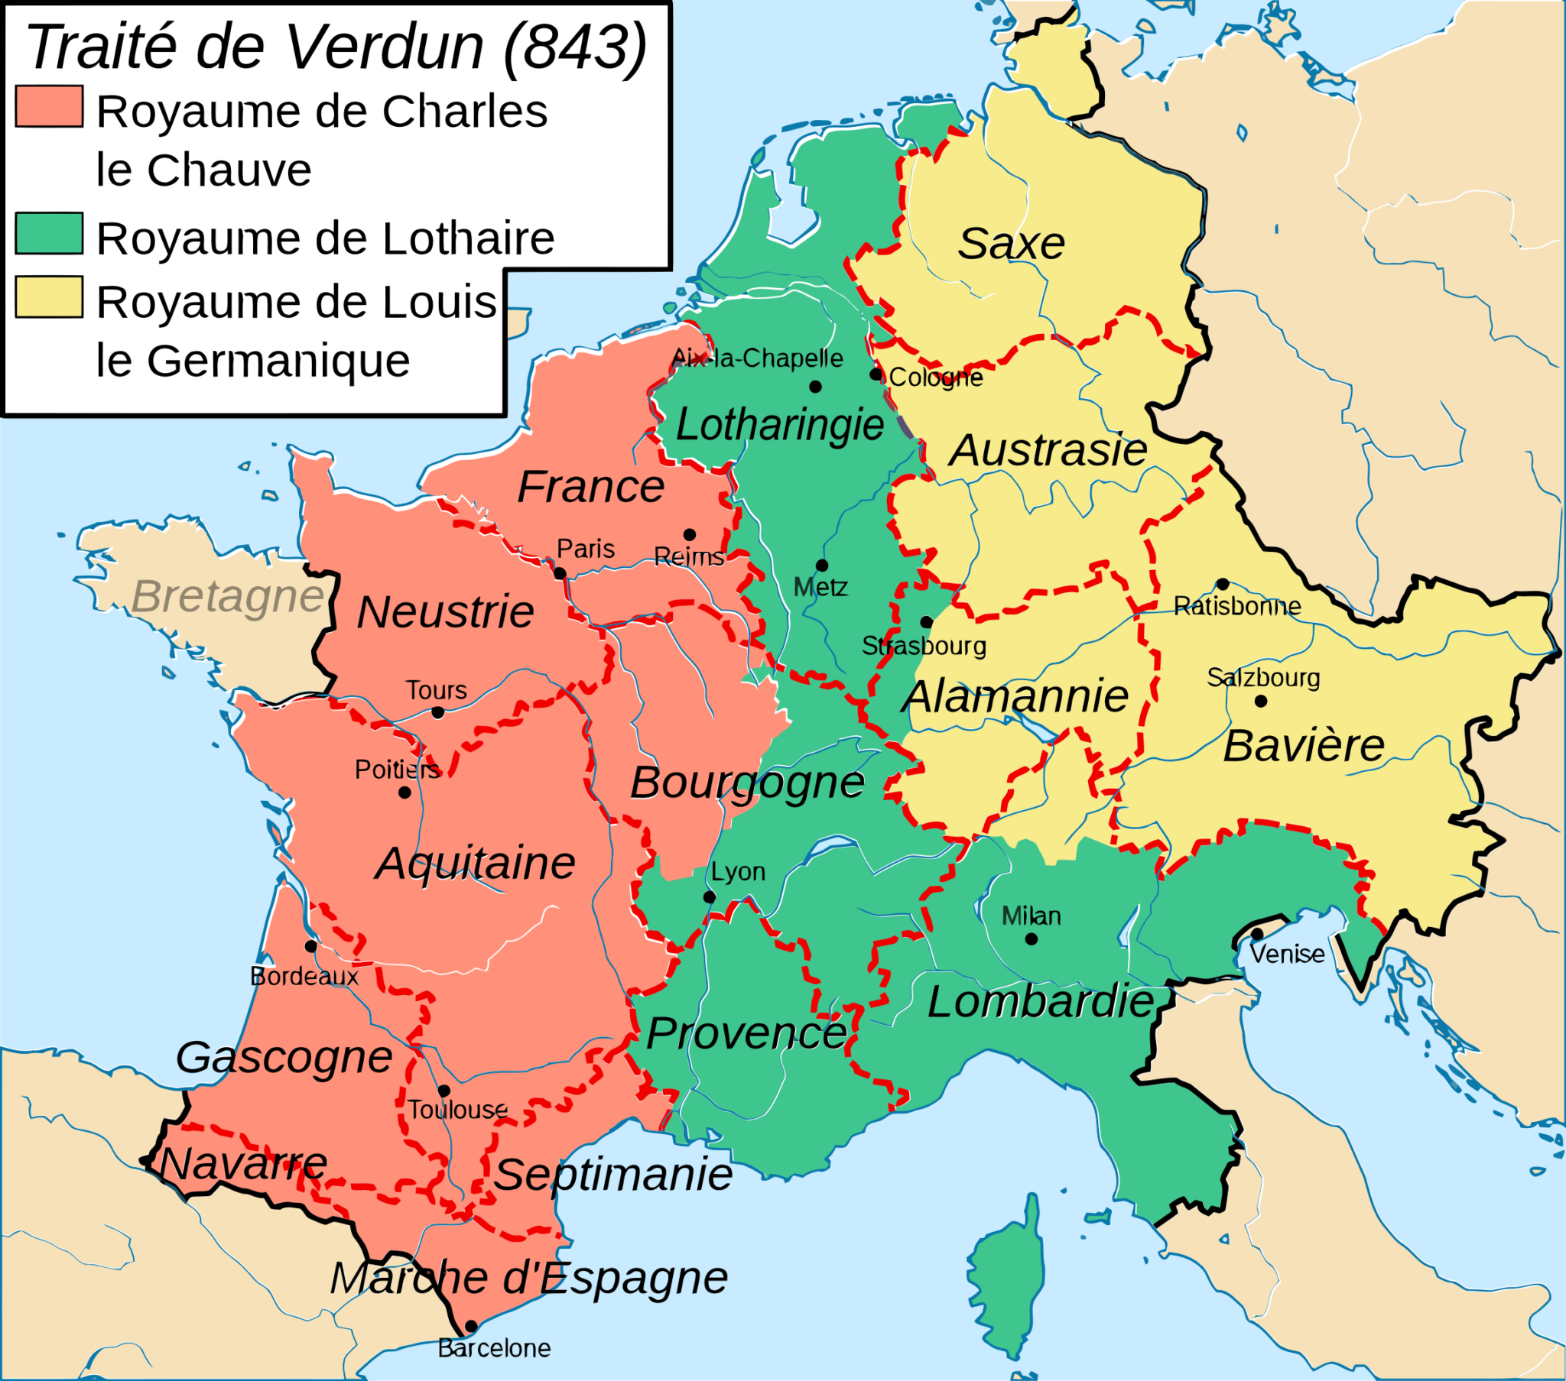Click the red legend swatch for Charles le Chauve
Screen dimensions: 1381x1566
coord(49,106)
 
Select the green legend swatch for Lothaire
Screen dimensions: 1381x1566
coord(49,234)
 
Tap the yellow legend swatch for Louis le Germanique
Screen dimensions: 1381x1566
coord(49,297)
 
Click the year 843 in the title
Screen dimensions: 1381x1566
coord(575,47)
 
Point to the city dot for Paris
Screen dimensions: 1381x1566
coord(560,574)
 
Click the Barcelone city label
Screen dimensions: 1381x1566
coord(494,1348)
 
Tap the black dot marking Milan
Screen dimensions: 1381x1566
coord(1032,939)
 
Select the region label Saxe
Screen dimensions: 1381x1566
coord(1012,244)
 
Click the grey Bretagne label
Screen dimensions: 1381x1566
coord(228,596)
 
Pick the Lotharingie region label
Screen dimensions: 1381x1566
coord(780,424)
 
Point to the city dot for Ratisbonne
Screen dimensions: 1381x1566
coord(1223,584)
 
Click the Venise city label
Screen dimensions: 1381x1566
coord(1287,955)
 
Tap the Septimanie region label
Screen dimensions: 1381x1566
coord(613,1174)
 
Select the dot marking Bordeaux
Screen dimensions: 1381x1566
coord(310,946)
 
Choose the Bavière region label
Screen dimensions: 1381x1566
coord(1303,746)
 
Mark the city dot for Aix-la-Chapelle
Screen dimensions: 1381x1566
coord(815,387)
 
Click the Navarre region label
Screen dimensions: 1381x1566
coord(244,1164)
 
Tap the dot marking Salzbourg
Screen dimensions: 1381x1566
coord(1261,701)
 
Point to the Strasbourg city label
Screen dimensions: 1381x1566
coord(924,646)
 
